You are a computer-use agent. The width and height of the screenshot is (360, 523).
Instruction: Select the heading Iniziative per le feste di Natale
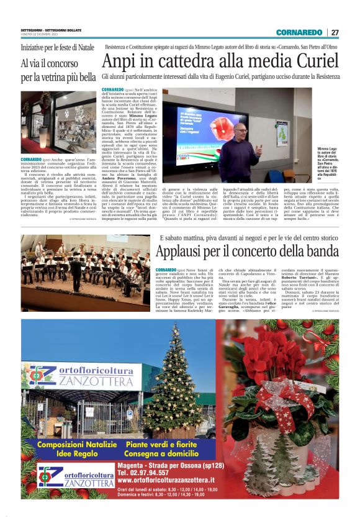(x=57, y=47)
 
